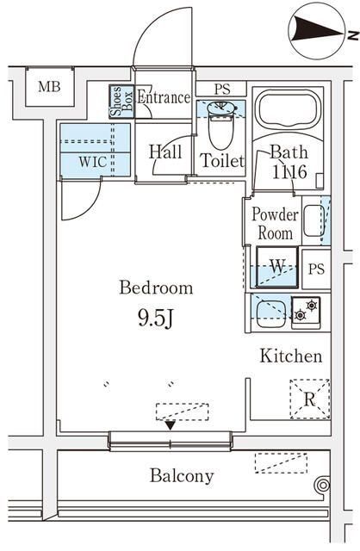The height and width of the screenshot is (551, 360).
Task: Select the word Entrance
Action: tap(163, 97)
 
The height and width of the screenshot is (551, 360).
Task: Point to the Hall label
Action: tap(164, 152)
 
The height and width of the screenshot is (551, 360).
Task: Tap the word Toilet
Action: tap(222, 160)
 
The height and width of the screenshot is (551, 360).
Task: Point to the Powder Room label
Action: tap(275, 223)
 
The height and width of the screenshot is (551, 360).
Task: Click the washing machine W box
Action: tap(276, 267)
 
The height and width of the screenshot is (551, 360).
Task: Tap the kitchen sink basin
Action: tap(270, 311)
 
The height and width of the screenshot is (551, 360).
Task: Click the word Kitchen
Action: tap(291, 356)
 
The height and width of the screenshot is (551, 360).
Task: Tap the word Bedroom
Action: tap(156, 288)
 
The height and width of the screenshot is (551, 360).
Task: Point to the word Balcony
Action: tap(181, 475)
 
